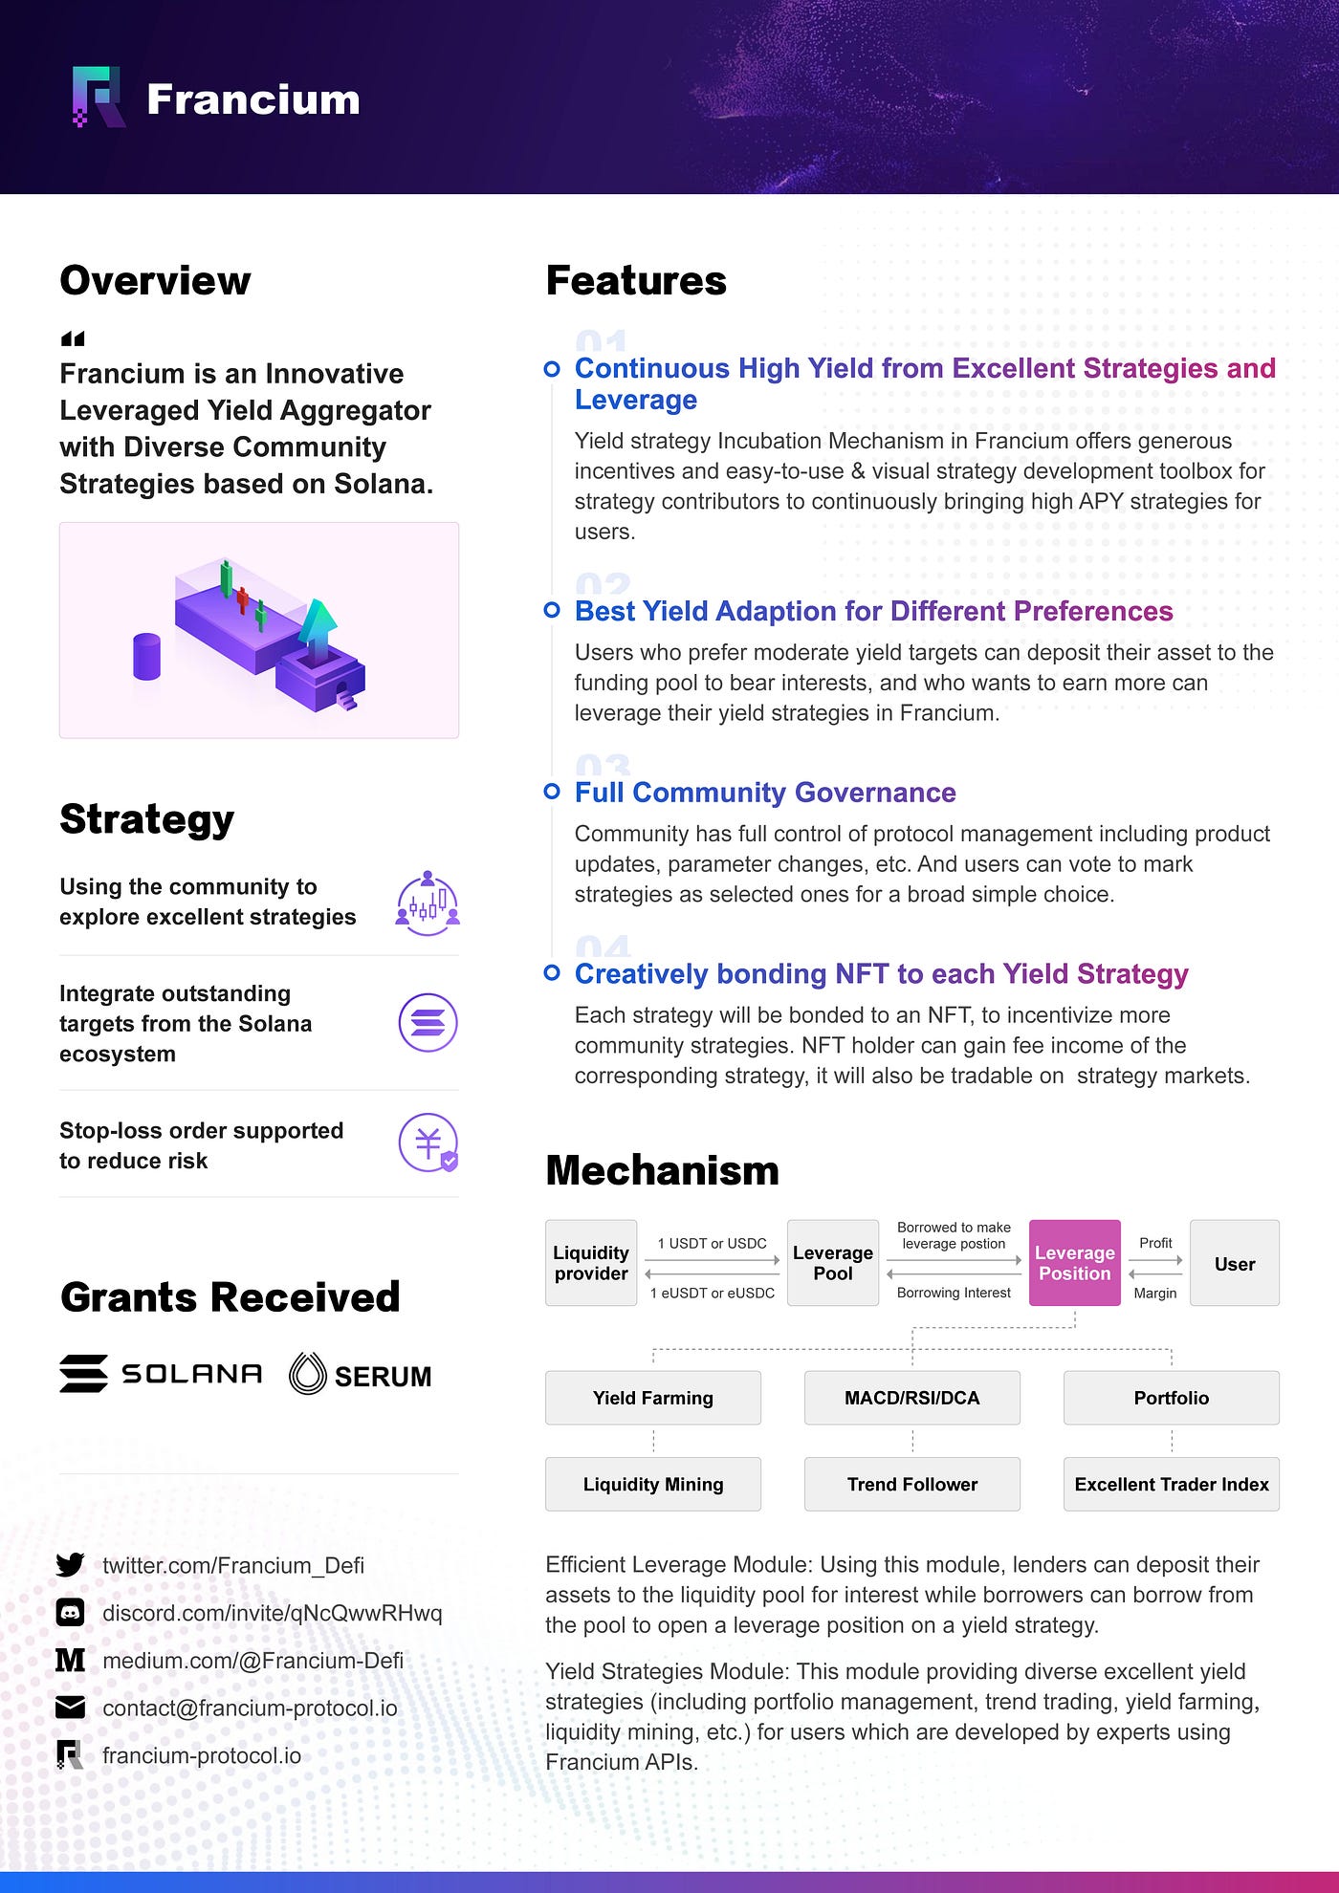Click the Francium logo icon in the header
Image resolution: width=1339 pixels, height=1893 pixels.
pos(98,97)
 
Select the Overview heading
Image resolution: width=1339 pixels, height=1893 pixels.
pos(155,280)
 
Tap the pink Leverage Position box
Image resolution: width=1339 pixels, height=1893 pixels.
pos(1074,1263)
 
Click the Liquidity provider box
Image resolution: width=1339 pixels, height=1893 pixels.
pos(591,1263)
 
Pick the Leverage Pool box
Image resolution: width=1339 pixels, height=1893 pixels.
pos(832,1263)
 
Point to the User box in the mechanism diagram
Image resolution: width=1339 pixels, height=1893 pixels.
pos(1234,1263)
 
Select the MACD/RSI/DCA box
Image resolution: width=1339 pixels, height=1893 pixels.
pos(911,1398)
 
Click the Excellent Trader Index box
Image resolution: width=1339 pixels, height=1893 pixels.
pos(1171,1484)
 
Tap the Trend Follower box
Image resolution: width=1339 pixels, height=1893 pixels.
pos(911,1484)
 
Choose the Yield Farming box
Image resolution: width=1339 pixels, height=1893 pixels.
pos(652,1398)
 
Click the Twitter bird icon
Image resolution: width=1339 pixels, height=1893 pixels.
pos(70,1565)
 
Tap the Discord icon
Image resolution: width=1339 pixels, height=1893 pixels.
pos(70,1613)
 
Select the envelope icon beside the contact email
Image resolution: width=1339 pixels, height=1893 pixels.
pos(70,1708)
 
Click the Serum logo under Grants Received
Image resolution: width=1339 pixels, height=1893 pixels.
pos(361,1375)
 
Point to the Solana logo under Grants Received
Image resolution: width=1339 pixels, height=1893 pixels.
pos(161,1374)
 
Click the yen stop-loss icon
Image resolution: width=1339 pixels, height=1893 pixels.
pos(428,1142)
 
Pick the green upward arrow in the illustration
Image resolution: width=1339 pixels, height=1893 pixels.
pos(318,630)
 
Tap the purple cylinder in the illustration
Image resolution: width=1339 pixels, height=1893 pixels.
pos(146,656)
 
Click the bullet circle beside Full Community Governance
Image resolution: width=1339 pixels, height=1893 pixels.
pos(552,792)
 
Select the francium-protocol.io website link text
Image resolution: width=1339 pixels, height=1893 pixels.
pos(202,1755)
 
